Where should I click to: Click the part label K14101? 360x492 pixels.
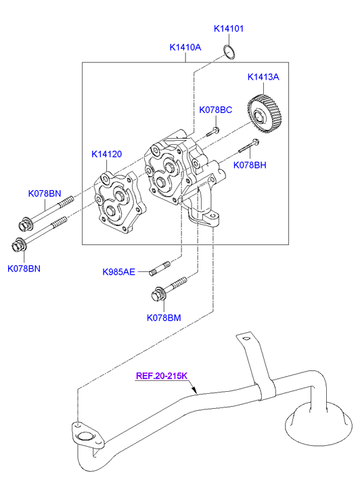(229, 28)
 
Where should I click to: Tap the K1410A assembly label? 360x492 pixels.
(185, 47)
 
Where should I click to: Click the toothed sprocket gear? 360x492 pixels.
(265, 114)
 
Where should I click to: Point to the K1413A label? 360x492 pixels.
(263, 77)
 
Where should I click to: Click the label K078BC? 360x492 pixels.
(216, 110)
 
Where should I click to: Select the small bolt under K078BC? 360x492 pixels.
(212, 132)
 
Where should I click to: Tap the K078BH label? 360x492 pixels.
(250, 165)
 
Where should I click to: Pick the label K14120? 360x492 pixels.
(106, 154)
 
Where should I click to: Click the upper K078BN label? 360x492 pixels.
(45, 194)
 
